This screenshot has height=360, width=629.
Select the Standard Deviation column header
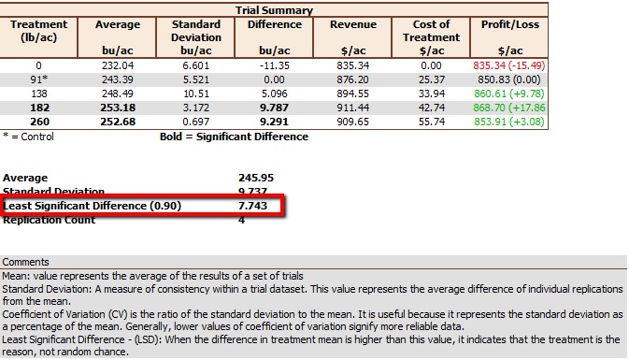pyautogui.click(x=197, y=36)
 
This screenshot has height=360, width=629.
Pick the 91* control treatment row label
pyautogui.click(x=38, y=79)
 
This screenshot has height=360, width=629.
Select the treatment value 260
pyautogui.click(x=38, y=122)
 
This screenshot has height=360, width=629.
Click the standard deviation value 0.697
pyautogui.click(x=197, y=122)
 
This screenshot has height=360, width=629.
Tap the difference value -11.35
pyautogui.click(x=275, y=65)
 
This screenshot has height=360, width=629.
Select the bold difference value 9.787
pyautogui.click(x=275, y=108)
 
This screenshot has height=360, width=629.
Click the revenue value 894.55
pyautogui.click(x=353, y=94)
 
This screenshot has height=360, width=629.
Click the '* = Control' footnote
pyautogui.click(x=29, y=137)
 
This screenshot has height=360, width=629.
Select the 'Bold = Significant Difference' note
pyautogui.click(x=234, y=137)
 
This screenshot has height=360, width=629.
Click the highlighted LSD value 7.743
pyautogui.click(x=254, y=206)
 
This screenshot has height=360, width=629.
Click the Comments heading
pyautogui.click(x=25, y=263)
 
